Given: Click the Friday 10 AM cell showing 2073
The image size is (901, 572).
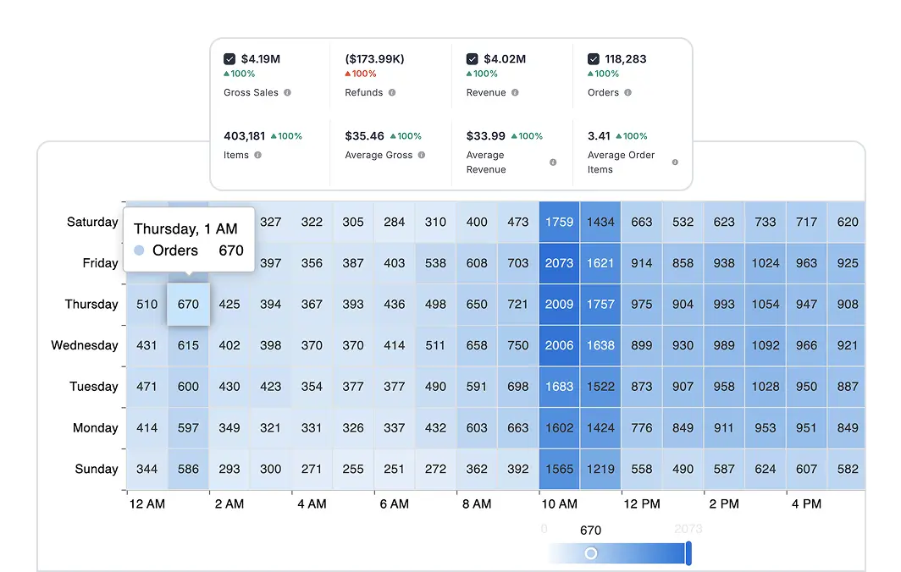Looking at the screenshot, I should [x=559, y=263].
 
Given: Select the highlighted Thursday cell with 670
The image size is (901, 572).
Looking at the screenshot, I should [x=188, y=305].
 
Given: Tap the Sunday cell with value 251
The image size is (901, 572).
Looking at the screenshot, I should [x=395, y=469].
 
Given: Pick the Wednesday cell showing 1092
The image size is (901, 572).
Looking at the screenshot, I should [x=765, y=345].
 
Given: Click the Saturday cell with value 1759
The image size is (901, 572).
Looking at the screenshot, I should [x=559, y=223].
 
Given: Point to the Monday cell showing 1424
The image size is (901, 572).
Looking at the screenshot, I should [x=600, y=428].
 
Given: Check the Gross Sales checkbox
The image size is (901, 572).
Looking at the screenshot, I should [x=229, y=59].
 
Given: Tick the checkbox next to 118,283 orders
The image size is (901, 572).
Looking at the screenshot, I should [x=594, y=59].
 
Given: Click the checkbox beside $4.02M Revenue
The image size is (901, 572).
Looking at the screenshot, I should [x=473, y=59].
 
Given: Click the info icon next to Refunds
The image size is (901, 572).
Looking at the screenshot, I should [x=392, y=92].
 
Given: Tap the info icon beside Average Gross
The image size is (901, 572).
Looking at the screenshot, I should [x=422, y=156].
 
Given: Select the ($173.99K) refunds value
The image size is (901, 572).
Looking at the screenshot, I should [x=374, y=59].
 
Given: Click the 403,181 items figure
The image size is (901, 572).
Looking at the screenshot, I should [x=245, y=135].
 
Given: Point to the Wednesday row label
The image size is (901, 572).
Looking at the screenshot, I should [x=85, y=345].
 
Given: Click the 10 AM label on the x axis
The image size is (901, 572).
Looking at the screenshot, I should [x=559, y=503].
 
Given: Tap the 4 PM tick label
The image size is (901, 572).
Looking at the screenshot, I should [x=806, y=503].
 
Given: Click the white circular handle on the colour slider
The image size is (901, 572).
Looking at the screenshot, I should [x=591, y=553].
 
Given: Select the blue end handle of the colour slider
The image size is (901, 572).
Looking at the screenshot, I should [x=688, y=553].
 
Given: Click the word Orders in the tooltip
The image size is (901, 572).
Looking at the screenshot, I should [x=175, y=250].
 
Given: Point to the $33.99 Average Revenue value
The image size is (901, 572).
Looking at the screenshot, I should [x=486, y=135].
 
